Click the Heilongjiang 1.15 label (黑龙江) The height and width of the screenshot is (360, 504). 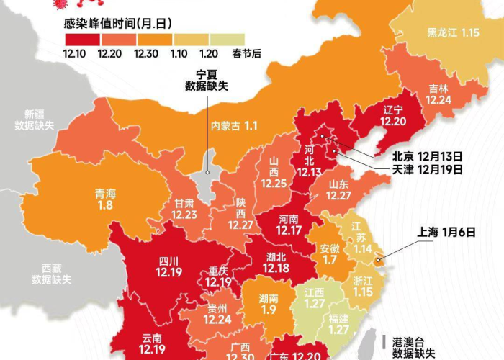[x=453, y=32]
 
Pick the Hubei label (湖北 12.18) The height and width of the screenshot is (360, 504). [x=276, y=262]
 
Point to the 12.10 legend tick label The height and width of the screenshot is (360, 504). [x=75, y=53]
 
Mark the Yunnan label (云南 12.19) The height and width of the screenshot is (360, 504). [x=152, y=343]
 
